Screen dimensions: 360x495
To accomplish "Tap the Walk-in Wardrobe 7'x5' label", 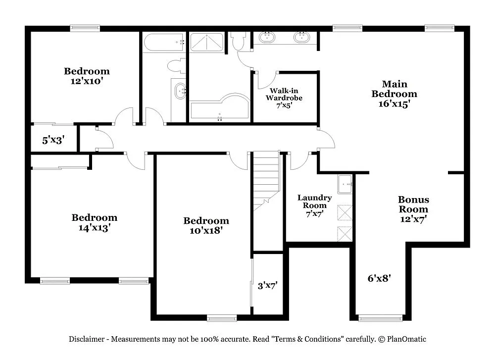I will [284, 98].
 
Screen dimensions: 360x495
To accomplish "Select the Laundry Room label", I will [314, 202].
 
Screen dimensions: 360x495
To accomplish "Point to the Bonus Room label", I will [413, 205].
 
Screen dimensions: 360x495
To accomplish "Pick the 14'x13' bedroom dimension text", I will [94, 228].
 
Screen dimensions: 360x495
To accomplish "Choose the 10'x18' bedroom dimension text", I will [206, 230].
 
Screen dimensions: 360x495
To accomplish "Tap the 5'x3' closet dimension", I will [53, 141].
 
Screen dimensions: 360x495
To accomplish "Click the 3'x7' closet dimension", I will [267, 285].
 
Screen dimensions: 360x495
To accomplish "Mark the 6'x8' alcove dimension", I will [380, 278].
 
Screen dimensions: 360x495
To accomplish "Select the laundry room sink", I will [345, 184].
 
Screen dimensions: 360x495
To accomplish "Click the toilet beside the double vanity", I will [240, 42].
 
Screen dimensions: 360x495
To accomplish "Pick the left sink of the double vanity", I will [267, 37].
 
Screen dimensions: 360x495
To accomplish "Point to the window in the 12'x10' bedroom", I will [85, 28].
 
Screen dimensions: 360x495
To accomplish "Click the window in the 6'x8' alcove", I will [374, 318].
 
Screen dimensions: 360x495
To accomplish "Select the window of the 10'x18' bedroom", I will [222, 318].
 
